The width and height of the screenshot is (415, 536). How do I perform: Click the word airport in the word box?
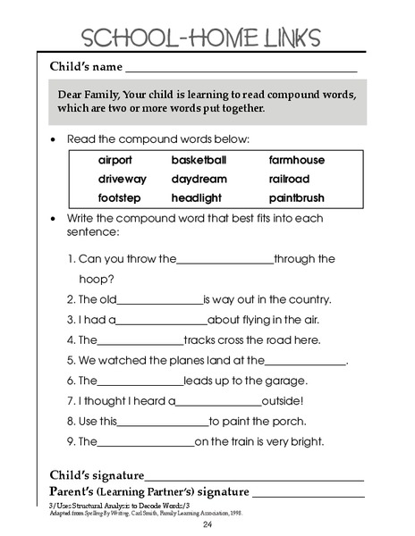coord(115,161)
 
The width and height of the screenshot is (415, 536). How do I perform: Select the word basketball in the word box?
coord(199,161)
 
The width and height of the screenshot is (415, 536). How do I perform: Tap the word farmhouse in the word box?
coord(296,161)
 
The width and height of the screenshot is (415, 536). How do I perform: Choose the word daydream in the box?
coord(199,180)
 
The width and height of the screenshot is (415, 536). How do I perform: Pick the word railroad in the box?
coord(289,180)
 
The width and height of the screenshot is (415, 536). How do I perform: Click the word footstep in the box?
coord(118,198)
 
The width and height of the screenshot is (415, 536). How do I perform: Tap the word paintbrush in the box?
coord(296,198)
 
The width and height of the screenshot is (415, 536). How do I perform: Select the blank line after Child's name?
coord(241,70)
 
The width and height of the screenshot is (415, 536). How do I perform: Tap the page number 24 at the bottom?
coord(207,524)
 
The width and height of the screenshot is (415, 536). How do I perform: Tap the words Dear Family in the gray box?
coord(89,94)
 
